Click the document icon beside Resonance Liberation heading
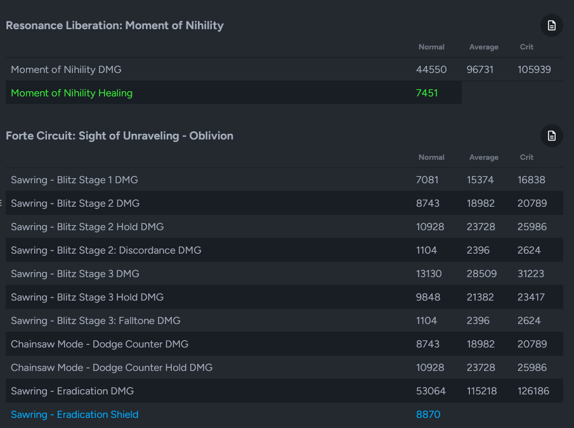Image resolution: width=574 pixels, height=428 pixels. pos(552,26)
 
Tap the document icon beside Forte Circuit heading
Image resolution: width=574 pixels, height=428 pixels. pos(552,136)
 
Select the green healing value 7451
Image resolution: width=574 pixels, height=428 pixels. pos(427,93)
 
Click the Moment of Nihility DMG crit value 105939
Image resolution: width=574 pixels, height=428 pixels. pos(534,70)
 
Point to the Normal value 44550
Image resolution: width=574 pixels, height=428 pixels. pos(431,70)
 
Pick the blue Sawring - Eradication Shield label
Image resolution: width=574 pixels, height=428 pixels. pos(74,415)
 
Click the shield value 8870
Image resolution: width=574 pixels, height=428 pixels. pos(428,415)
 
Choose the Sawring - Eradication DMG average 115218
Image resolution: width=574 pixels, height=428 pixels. pos(483,391)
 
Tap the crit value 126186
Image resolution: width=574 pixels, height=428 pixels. pos(533,391)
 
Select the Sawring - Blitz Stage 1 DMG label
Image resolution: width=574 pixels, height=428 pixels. pos(74,180)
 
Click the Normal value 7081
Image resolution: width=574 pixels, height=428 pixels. pos(427,180)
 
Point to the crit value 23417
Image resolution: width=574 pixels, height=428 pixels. pos(532,297)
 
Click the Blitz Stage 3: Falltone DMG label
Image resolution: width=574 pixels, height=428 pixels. pos(96,321)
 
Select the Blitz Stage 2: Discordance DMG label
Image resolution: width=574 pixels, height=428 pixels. pos(106,250)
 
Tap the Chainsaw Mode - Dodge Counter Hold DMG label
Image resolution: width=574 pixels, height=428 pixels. pos(112,368)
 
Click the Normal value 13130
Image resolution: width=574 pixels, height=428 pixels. pos(429,274)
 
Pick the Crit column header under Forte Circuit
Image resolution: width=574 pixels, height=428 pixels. pos(526,157)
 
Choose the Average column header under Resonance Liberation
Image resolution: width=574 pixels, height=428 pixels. pos(484,47)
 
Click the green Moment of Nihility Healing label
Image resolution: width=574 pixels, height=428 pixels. pos(72,93)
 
